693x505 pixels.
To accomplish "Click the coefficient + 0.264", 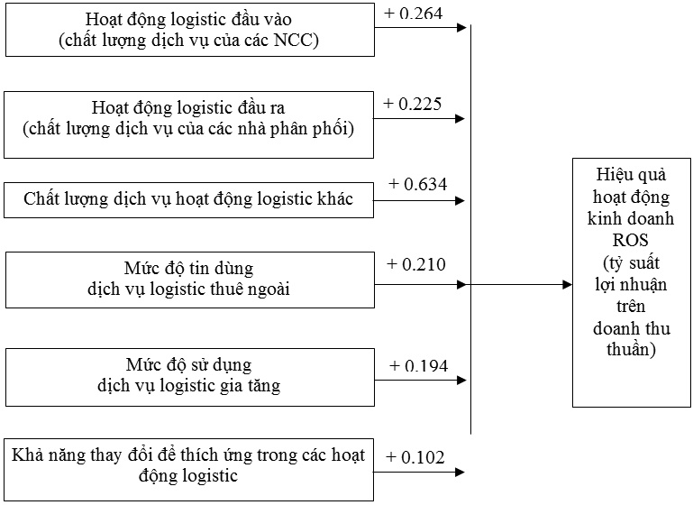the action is [414, 14].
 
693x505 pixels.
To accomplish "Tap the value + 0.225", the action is [413, 104].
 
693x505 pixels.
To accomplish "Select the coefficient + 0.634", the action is [417, 184].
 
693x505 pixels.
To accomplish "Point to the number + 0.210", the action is [415, 264].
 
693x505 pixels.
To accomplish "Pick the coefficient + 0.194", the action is [418, 366].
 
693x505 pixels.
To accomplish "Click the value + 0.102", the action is [415, 457].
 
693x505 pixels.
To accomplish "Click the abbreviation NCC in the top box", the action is [294, 40].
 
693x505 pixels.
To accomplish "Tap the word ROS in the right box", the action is [630, 240].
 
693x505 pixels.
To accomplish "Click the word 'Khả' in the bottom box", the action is [26, 454].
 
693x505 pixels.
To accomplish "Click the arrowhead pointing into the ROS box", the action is [567, 284].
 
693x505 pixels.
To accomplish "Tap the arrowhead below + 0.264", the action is [461, 27].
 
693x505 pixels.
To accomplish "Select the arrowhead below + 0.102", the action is [460, 473].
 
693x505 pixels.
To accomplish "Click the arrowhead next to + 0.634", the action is [460, 201].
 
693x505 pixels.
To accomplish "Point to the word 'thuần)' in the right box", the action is [631, 349].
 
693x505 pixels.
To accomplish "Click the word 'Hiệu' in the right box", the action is [612, 174].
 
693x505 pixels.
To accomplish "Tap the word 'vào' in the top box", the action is [278, 20].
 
